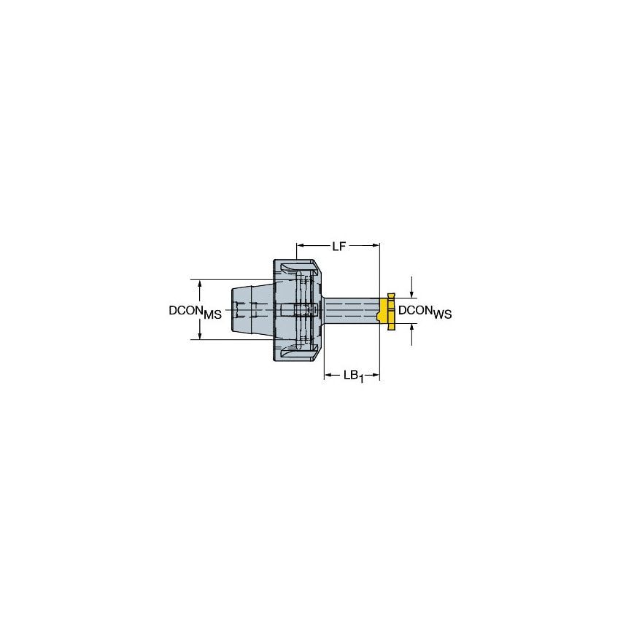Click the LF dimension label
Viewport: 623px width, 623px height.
[338, 247]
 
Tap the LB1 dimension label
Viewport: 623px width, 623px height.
[352, 376]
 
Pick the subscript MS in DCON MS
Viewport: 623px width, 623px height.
[212, 314]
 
